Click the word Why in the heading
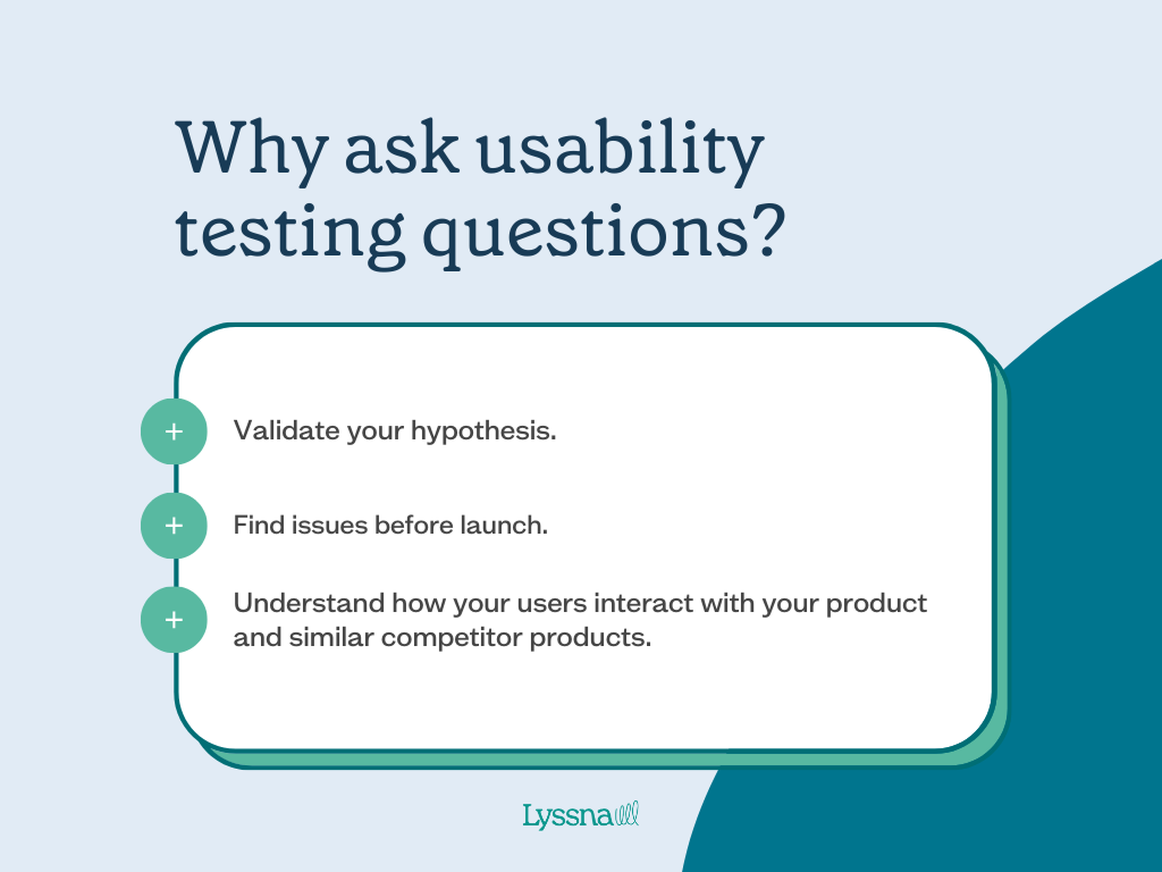251,149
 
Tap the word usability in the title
620,149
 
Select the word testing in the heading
289,234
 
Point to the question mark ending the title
768,231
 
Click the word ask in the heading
402,149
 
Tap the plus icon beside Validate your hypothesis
174,431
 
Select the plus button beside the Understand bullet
174,620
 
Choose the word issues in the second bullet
329,525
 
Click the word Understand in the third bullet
309,603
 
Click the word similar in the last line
331,638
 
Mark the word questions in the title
586,234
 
